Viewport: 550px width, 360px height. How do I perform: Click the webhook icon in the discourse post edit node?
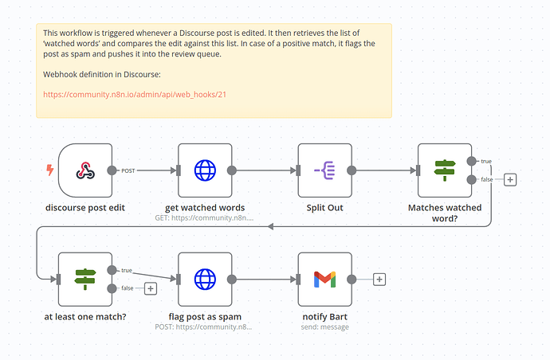pos(85,170)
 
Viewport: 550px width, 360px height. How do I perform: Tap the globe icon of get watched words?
pos(205,170)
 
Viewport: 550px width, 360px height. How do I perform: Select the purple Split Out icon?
pos(324,170)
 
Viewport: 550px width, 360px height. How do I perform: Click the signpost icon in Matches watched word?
pos(445,170)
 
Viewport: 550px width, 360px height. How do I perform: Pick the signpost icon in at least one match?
pos(84,280)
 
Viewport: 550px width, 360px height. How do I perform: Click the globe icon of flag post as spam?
pos(205,280)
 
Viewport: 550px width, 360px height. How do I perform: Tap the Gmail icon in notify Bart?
pos(324,280)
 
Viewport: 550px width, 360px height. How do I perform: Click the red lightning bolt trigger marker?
pos(50,170)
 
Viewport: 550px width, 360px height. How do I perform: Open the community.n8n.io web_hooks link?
pos(135,95)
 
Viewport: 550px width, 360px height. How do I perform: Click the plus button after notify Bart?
pos(379,280)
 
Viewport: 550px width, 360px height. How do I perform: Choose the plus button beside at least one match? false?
pos(151,288)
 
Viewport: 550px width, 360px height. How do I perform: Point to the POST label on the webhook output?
pos(128,170)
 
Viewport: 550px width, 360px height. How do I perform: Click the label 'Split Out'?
pos(324,208)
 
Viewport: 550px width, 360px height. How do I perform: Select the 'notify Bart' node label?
pos(324,316)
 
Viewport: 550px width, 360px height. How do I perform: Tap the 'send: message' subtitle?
pos(324,327)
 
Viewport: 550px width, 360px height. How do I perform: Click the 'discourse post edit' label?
pos(85,208)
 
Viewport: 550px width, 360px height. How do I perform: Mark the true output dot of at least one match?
pos(112,270)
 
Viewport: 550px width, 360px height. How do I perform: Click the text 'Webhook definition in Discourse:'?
pos(102,74)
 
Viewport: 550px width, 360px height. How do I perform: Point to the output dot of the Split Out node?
pos(352,170)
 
